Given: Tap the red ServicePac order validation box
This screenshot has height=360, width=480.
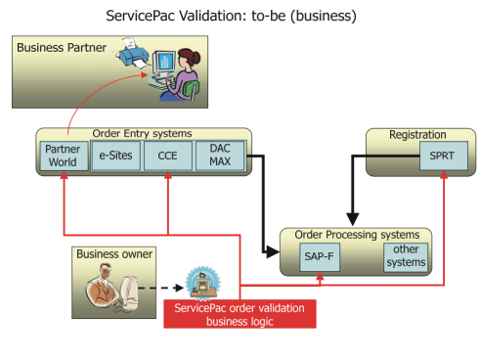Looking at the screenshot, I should [x=240, y=314].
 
